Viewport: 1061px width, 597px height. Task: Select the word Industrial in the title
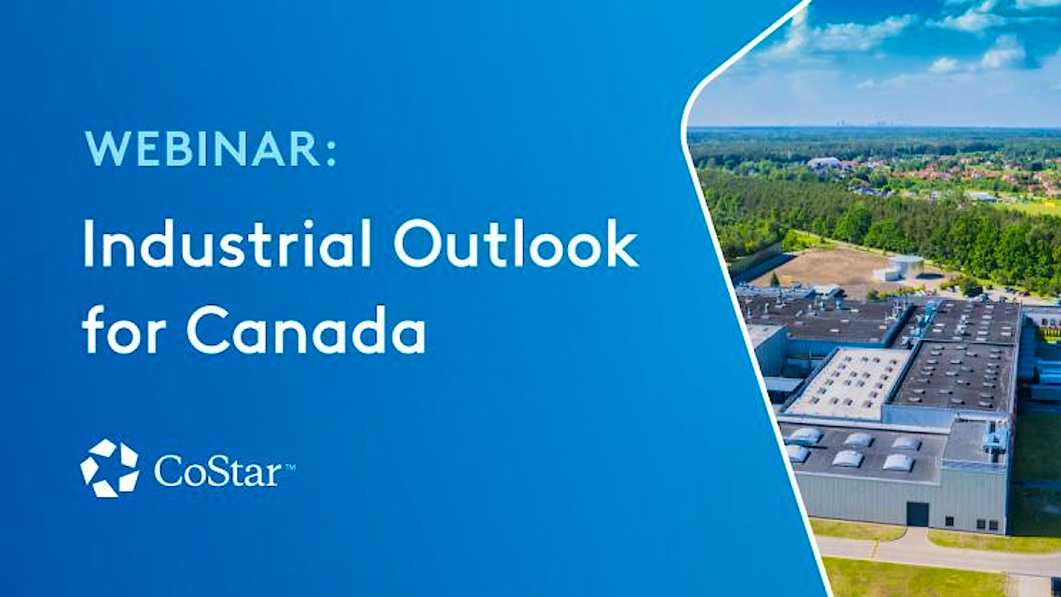point(227,244)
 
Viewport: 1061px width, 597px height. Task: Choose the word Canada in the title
point(307,329)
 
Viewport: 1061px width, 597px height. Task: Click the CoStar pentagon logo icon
point(109,468)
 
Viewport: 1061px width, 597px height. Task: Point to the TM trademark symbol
point(290,467)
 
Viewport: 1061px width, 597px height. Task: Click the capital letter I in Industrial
point(89,244)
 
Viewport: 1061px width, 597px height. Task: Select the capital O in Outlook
point(417,245)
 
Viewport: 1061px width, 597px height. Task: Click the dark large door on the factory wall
point(918,514)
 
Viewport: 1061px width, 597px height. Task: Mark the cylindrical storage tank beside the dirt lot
point(905,267)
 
